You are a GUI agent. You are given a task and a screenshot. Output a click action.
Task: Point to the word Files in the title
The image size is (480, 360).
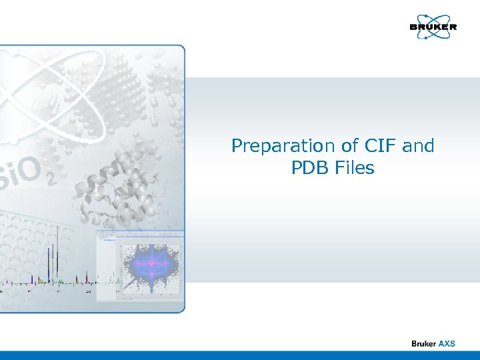tap(355, 168)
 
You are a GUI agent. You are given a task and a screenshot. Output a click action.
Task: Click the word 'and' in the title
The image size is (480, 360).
tap(418, 145)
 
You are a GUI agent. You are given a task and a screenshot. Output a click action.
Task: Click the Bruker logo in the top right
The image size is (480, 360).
tap(433, 27)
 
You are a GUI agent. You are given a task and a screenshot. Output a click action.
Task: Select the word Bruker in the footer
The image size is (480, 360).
tap(423, 343)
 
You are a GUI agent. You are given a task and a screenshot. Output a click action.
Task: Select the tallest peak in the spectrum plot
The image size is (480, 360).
tap(57, 253)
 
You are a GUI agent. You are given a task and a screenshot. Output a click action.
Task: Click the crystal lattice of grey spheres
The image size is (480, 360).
tap(133, 93)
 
